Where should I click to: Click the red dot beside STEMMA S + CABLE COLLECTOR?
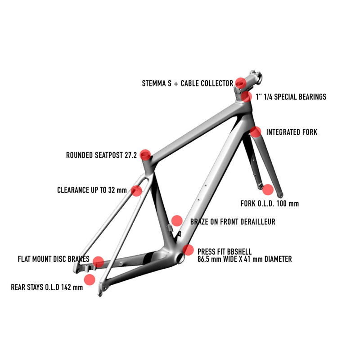(241, 83)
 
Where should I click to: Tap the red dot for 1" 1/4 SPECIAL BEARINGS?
(246, 96)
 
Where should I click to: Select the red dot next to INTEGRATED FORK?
(255, 132)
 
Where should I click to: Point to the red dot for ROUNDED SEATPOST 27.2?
(145, 155)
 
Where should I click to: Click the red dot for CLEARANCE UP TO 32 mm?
(137, 190)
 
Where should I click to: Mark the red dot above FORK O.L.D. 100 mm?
(268, 189)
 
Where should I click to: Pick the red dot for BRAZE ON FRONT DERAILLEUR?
(177, 220)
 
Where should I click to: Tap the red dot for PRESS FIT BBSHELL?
(189, 250)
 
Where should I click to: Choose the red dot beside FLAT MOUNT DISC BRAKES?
(98, 261)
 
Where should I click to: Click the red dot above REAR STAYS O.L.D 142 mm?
(90, 279)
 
